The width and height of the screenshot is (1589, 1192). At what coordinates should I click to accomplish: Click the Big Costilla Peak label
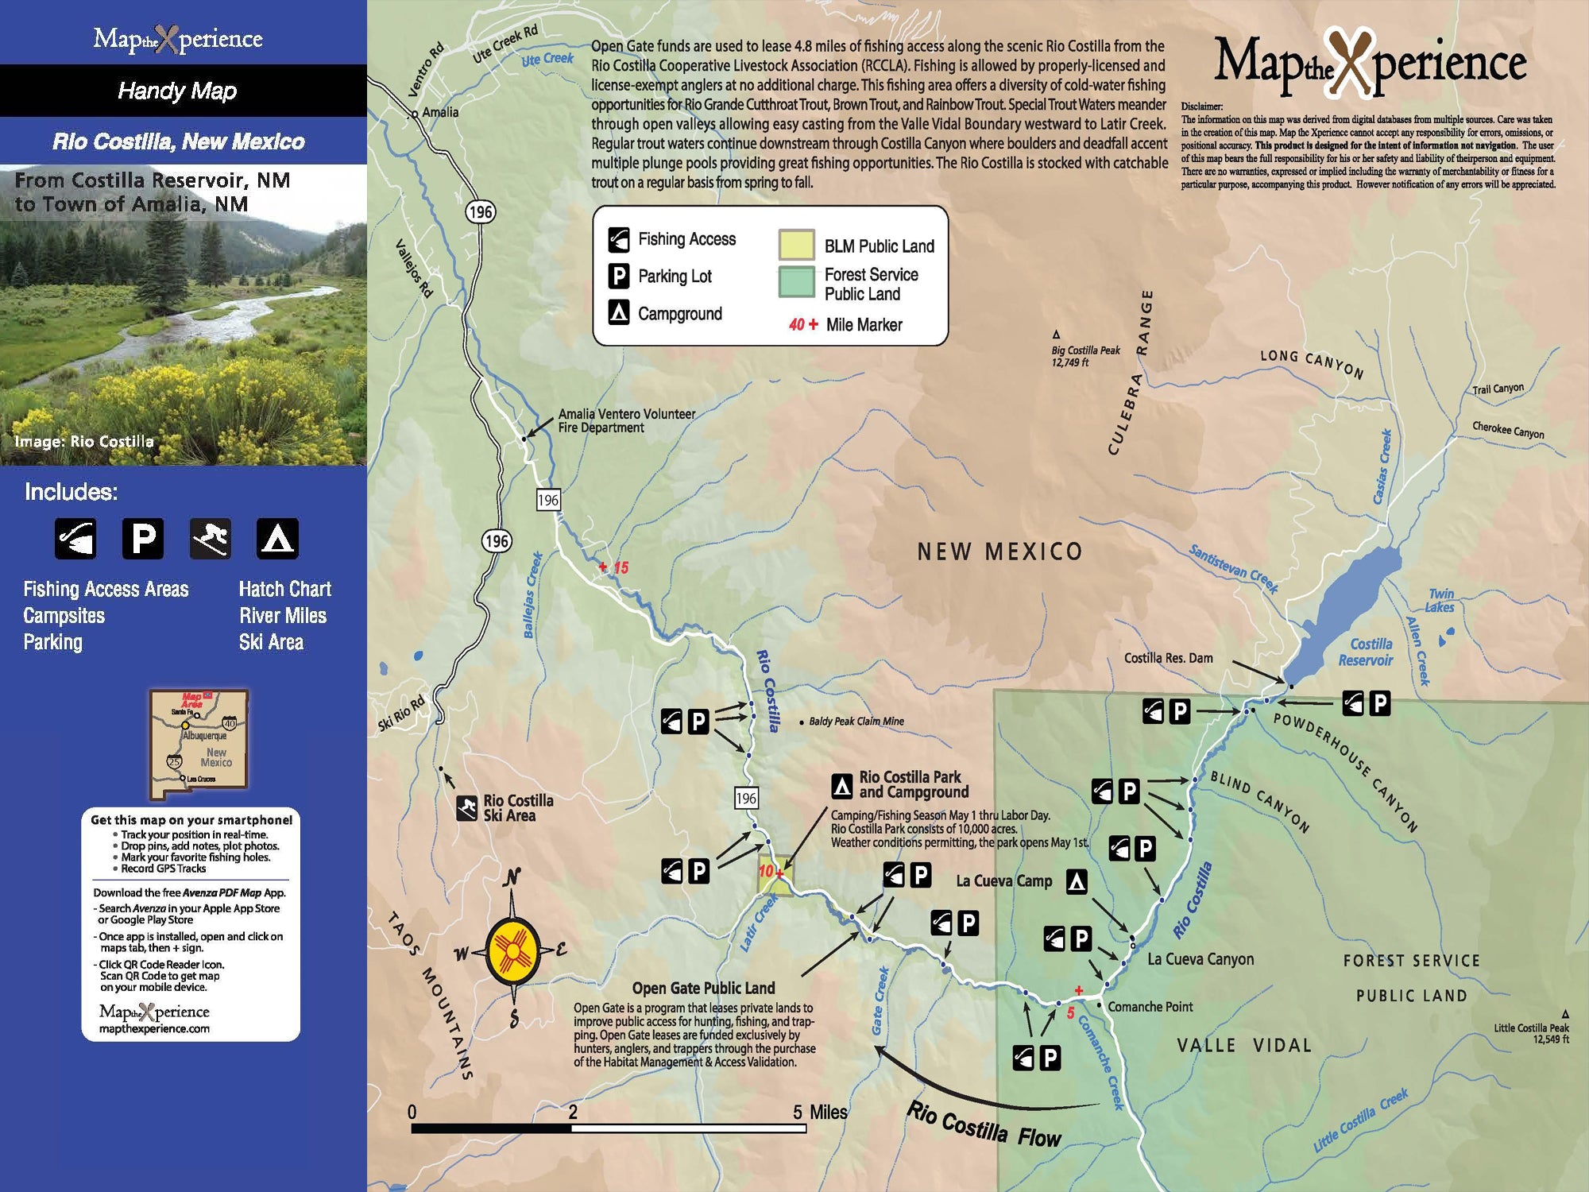click(1084, 355)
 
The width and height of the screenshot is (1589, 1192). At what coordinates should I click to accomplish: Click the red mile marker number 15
click(621, 567)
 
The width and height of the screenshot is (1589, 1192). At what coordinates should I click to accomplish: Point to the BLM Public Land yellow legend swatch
click(796, 245)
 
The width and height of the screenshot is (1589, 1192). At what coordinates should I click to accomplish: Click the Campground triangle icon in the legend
click(619, 312)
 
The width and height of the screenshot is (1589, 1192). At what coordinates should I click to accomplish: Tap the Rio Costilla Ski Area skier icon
click(467, 808)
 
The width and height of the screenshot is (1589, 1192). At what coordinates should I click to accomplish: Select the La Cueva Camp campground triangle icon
click(1077, 881)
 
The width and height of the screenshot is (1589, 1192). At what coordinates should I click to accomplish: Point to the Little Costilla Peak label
click(1530, 1033)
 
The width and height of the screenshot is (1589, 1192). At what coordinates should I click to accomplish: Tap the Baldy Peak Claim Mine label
click(856, 722)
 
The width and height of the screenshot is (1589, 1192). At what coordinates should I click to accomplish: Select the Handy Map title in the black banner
click(177, 91)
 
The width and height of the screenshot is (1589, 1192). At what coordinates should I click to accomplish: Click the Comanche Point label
click(1150, 1007)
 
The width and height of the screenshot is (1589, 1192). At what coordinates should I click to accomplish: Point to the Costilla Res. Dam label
click(1168, 658)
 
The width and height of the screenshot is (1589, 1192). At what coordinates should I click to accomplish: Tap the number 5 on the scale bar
click(797, 1112)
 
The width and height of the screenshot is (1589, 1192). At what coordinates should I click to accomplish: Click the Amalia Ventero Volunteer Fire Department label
click(626, 420)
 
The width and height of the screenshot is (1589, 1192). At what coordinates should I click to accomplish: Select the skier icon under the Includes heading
click(211, 539)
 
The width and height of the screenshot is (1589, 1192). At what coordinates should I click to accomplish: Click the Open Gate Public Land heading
click(703, 988)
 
